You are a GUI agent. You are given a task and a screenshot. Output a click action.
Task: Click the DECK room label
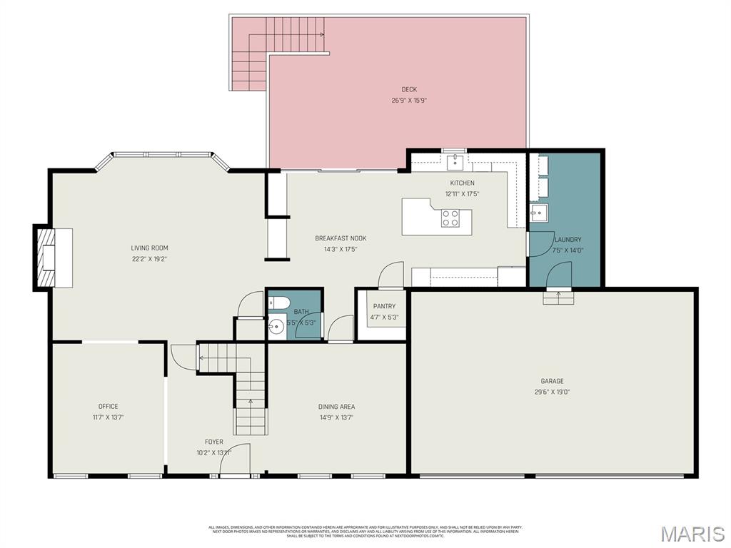pos(408,89)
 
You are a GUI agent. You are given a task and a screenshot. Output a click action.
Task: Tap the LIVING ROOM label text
pos(149,248)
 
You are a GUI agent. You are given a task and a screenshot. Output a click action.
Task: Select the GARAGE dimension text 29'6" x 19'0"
pos(552,392)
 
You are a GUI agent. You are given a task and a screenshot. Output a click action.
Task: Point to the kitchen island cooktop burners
pos(450,218)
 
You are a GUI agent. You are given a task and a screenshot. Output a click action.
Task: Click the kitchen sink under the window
pos(454,163)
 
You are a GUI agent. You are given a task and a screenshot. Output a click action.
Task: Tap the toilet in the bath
pos(278,302)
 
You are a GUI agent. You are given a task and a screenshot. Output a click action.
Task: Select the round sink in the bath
pos(276,328)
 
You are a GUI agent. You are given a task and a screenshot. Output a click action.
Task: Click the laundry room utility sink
pos(538,212)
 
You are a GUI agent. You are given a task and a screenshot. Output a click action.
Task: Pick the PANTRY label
pos(384,307)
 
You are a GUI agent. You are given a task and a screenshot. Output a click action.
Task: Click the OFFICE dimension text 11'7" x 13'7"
pos(109,417)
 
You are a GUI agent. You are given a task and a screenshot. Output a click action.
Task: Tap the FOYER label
pos(214,442)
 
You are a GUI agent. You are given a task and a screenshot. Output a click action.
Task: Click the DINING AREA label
pos(336,407)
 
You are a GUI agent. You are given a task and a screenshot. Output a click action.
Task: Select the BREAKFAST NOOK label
pos(341,238)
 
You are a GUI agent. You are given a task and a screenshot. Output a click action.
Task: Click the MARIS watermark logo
pos(692,533)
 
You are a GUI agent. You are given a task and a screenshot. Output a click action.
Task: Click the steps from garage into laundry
pos(558,297)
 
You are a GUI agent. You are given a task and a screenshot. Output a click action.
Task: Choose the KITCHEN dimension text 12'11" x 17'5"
pos(462,193)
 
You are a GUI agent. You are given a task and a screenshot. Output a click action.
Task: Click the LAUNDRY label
pos(568,240)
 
